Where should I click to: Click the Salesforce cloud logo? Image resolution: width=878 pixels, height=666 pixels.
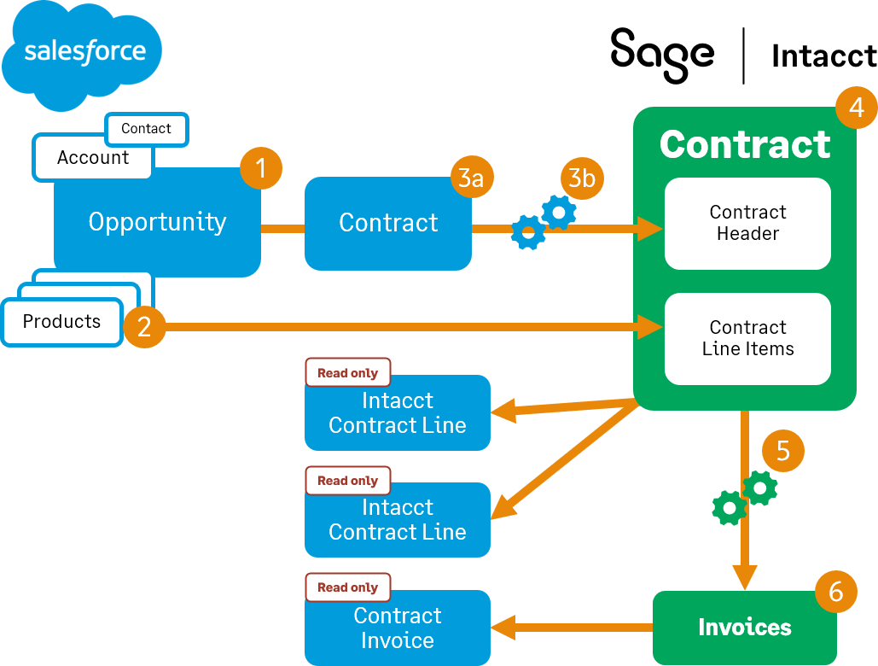pos(83,54)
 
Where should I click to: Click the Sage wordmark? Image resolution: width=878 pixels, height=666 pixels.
pos(662,54)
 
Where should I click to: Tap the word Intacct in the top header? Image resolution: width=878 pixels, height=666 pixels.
pos(823,56)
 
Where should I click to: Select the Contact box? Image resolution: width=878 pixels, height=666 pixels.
pos(146,129)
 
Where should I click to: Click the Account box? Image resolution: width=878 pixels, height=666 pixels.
pos(92,158)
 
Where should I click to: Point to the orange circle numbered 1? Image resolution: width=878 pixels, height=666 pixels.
pos(261,168)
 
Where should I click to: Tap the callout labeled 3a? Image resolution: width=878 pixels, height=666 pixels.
pos(472,178)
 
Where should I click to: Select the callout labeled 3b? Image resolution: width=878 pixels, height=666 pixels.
pos(582,178)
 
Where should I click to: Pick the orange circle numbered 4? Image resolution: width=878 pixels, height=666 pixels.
pos(856,108)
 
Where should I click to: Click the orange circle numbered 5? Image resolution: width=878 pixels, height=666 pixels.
pos(782,450)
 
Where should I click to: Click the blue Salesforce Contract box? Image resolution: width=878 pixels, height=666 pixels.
pos(388,224)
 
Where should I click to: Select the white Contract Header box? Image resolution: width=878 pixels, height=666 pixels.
pos(747,224)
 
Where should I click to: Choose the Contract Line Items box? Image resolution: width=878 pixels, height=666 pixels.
pos(747,339)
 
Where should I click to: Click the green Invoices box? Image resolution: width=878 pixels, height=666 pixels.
pos(744,628)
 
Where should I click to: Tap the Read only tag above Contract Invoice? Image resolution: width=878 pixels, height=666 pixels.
pos(347,587)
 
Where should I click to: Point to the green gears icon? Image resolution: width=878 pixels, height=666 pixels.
pos(744,498)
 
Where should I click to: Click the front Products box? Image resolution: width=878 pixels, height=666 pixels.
pos(61,322)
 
